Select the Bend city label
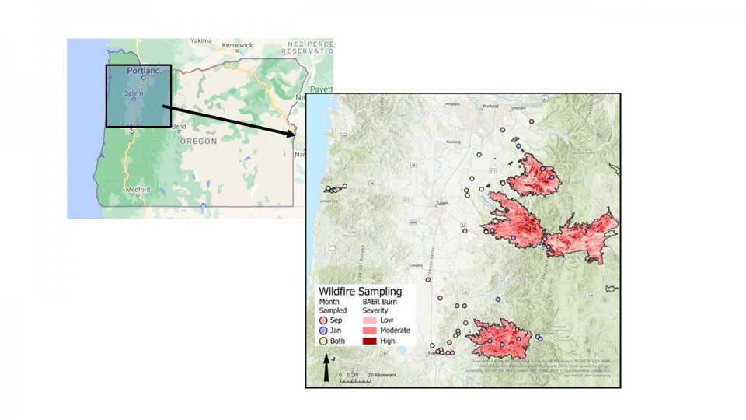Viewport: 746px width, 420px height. pyautogui.click(x=179, y=127)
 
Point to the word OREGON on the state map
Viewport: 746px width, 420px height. pyautogui.click(x=199, y=142)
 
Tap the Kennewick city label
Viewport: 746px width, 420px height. pyautogui.click(x=237, y=45)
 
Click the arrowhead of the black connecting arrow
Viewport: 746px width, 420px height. pyautogui.click(x=294, y=134)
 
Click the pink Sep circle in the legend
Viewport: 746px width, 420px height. pyautogui.click(x=323, y=320)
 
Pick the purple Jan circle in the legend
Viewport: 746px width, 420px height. pyautogui.click(x=323, y=331)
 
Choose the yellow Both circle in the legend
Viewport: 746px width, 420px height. pyautogui.click(x=323, y=341)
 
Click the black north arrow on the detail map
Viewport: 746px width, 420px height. pyautogui.click(x=326, y=370)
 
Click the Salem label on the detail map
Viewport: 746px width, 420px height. pyautogui.click(x=443, y=203)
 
